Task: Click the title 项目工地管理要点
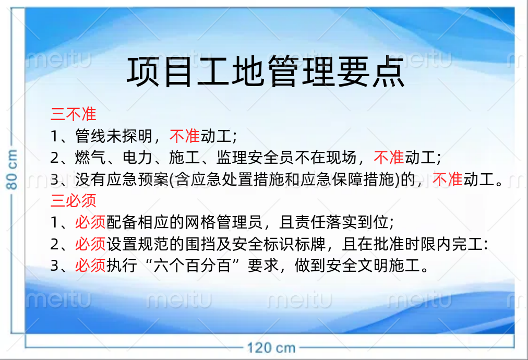pos(266,71)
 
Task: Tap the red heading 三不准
pos(74,114)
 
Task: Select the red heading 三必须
pos(74,201)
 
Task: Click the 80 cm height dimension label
pos(12,170)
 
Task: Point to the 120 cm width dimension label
pos(271,348)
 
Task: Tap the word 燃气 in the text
pos(90,158)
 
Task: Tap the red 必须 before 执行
pos(90,266)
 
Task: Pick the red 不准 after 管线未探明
pos(185,136)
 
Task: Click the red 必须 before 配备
pos(90,222)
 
